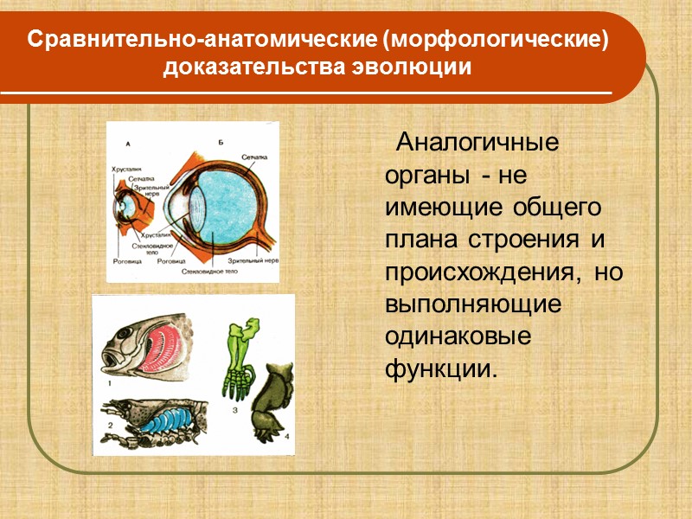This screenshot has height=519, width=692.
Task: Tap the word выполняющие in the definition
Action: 473,305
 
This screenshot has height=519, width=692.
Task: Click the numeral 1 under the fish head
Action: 109,381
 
